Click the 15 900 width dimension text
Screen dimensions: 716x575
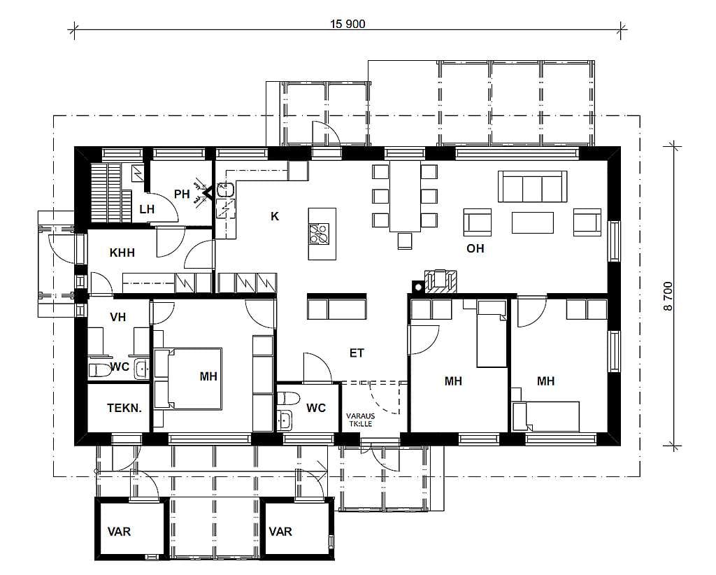click(348, 24)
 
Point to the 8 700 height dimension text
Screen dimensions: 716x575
click(668, 297)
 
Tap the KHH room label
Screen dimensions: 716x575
click(122, 253)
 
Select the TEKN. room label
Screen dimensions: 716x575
click(124, 408)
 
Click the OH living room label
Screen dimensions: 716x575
click(475, 248)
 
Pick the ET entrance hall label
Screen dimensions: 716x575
click(357, 353)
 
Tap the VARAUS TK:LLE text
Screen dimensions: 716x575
click(360, 420)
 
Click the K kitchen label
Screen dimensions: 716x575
click(274, 216)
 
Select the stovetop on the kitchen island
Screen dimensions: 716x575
click(319, 234)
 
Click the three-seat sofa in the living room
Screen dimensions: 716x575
click(532, 186)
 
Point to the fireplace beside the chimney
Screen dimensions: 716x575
click(441, 281)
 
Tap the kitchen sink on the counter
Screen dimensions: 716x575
click(225, 189)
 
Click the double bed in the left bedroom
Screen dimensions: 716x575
click(188, 378)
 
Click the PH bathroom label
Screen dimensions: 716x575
click(182, 194)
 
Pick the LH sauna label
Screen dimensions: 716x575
click(147, 210)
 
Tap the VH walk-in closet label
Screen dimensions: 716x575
click(117, 317)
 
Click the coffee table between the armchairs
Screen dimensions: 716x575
click(532, 222)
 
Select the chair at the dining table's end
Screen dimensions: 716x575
click(405, 241)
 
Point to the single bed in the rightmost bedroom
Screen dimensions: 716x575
click(546, 416)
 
